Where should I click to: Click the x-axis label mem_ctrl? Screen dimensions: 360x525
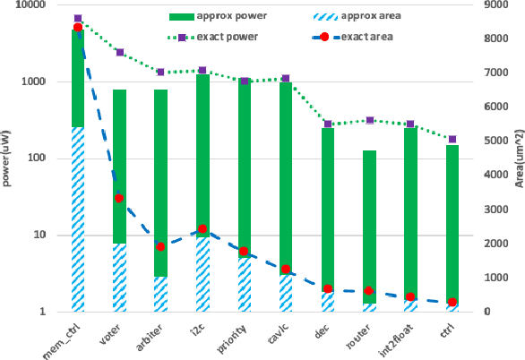(65, 338)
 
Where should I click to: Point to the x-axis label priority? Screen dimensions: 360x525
(231, 336)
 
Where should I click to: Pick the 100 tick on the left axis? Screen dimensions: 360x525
(42, 159)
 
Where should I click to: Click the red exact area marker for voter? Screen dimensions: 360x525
(119, 198)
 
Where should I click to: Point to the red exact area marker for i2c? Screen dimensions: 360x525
(202, 229)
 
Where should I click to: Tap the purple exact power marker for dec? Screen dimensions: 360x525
(328, 124)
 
